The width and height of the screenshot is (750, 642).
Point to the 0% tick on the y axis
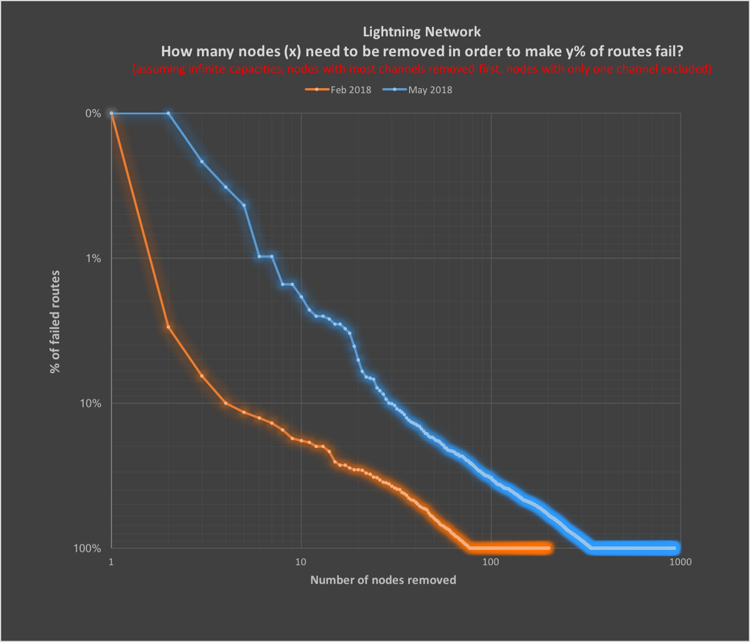point(93,114)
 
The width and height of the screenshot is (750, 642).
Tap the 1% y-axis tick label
point(93,258)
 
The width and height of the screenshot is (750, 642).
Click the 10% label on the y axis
point(91,403)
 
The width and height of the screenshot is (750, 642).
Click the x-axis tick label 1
point(111,561)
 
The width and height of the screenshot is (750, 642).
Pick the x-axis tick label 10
point(301,561)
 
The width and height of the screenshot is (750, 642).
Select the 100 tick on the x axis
point(491,561)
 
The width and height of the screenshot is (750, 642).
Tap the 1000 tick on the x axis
point(679,561)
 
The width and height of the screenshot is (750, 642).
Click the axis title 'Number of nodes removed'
point(383,580)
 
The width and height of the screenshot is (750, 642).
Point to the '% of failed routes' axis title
point(56,323)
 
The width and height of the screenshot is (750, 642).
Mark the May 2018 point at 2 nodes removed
point(169,113)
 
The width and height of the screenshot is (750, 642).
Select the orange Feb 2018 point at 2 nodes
point(169,327)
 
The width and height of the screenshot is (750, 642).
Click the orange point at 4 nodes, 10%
point(226,403)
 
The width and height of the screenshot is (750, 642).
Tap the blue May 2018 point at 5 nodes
point(244,205)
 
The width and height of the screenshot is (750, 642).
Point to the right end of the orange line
point(549,548)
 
